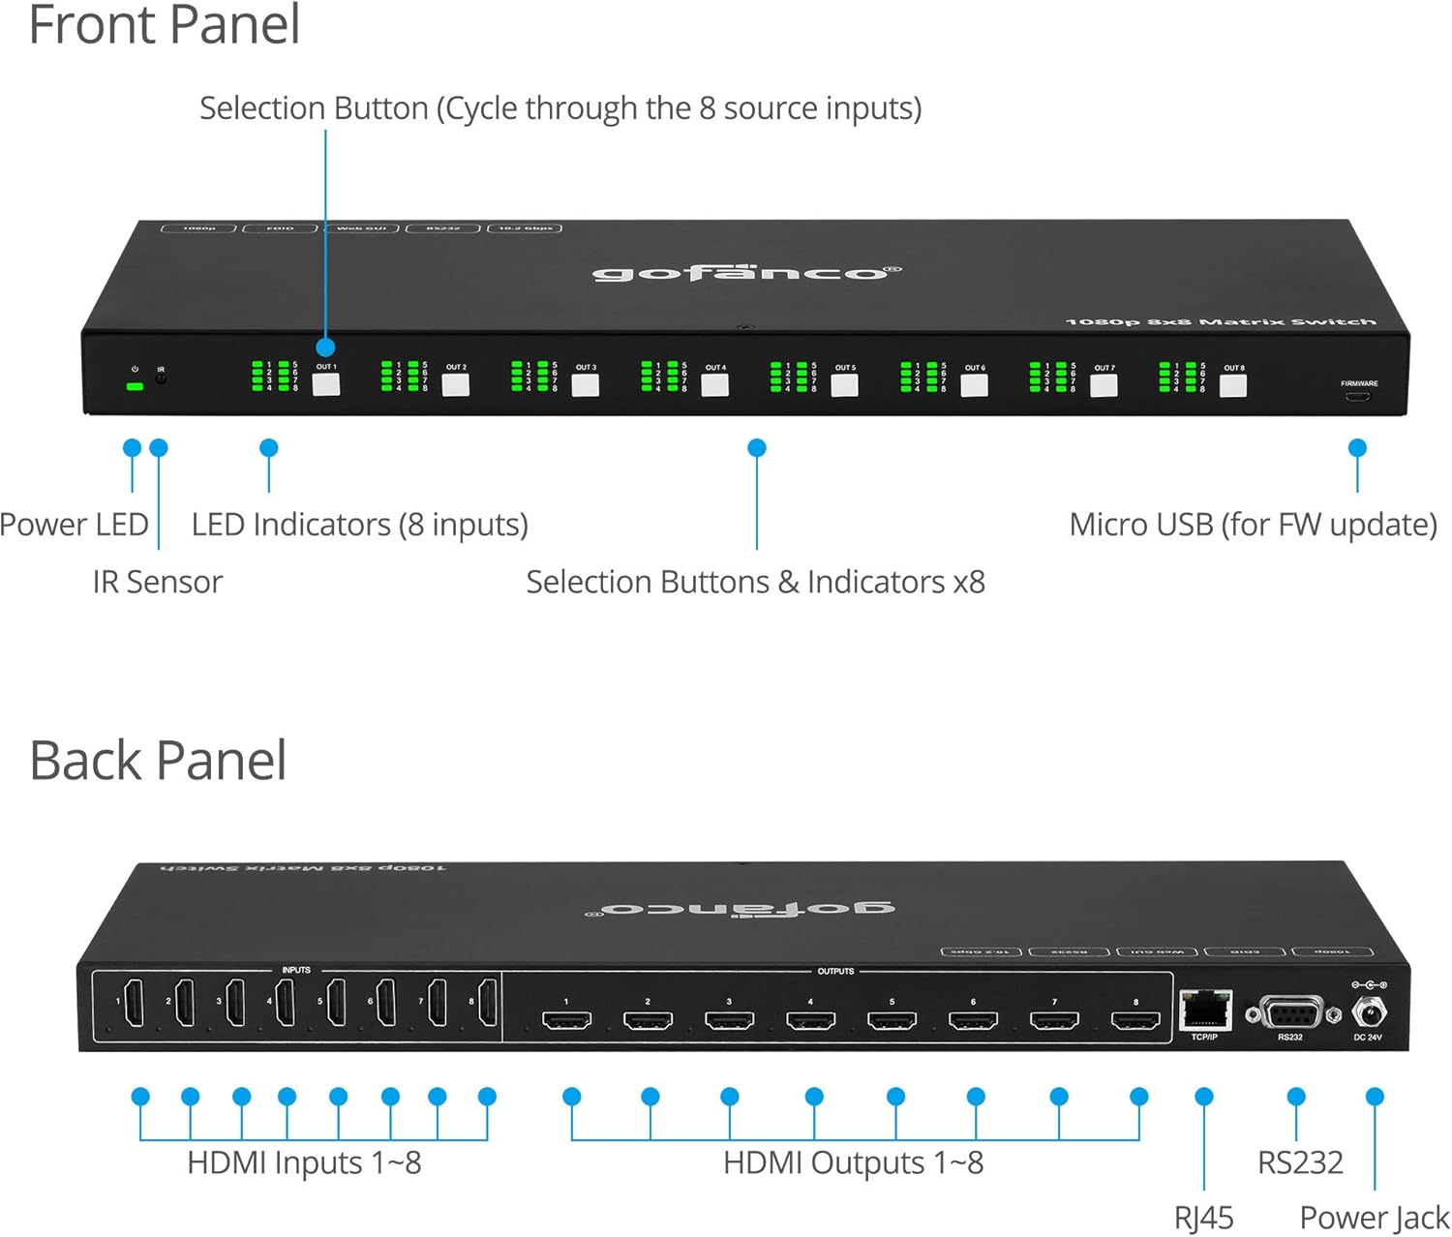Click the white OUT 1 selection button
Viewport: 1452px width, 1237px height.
[326, 384]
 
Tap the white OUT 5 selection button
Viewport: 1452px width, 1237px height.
[844, 385]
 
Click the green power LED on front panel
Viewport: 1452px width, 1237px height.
[136, 386]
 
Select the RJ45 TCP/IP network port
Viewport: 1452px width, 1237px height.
[1205, 1011]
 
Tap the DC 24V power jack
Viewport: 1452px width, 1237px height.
[1368, 1013]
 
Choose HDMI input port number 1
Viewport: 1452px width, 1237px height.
[135, 1003]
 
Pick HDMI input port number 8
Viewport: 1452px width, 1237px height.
[488, 1003]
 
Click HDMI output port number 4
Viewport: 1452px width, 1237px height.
[810, 1020]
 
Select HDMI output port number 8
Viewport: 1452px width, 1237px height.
[1135, 1020]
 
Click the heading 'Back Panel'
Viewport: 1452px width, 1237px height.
[158, 760]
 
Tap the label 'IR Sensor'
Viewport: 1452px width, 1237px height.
[158, 582]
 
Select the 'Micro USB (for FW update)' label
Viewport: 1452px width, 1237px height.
[1253, 525]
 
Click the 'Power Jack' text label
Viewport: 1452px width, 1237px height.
[1375, 1217]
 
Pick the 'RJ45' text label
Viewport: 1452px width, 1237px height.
[1203, 1217]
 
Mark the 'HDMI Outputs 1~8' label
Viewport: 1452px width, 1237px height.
[853, 1162]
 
